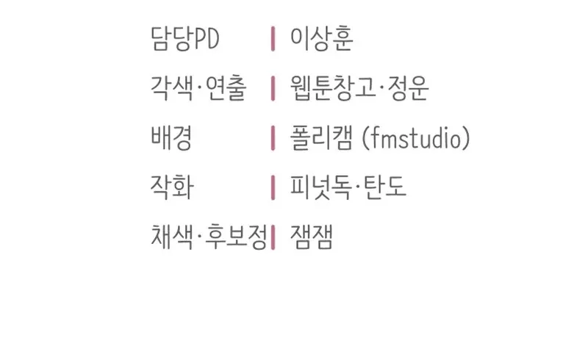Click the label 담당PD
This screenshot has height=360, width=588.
pyautogui.click(x=184, y=39)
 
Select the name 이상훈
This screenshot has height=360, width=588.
pyautogui.click(x=321, y=39)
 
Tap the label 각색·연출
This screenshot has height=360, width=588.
pyautogui.click(x=198, y=88)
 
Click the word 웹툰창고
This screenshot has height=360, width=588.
pyautogui.click(x=332, y=88)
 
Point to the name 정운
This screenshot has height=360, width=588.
pyautogui.click(x=408, y=88)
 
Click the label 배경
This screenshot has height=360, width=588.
pyautogui.click(x=171, y=137)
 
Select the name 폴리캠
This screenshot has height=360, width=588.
pyautogui.click(x=321, y=137)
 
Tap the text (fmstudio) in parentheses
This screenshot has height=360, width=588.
pyautogui.click(x=416, y=137)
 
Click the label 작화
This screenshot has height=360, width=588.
pyautogui.click(x=172, y=187)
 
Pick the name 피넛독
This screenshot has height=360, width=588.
pyautogui.click(x=321, y=187)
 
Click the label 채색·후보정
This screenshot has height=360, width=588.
pyautogui.click(x=209, y=237)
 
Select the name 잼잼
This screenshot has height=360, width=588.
pyautogui.click(x=311, y=237)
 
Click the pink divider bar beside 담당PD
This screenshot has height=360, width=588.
pyautogui.click(x=273, y=39)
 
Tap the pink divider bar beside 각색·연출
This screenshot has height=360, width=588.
pyautogui.click(x=273, y=88)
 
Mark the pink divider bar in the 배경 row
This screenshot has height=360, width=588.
pyautogui.click(x=273, y=137)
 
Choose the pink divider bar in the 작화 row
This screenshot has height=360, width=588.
pyautogui.click(x=273, y=187)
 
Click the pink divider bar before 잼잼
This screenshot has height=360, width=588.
pyautogui.click(x=273, y=237)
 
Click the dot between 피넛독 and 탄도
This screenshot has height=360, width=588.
pyautogui.click(x=358, y=187)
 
